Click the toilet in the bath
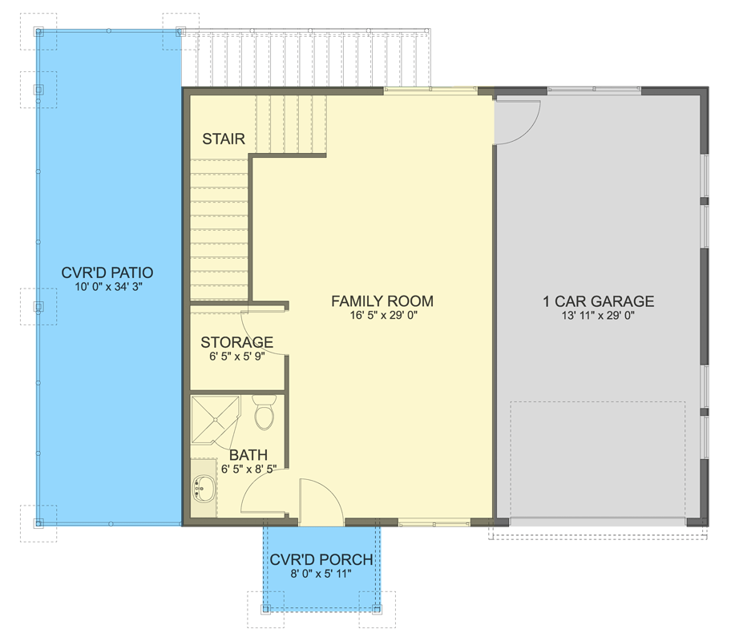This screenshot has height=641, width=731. click(x=265, y=412)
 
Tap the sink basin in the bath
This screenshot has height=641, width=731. click(x=204, y=488)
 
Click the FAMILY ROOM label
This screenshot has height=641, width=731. click(x=382, y=301)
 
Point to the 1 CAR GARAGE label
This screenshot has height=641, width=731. click(x=598, y=301)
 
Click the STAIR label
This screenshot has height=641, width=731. click(x=224, y=139)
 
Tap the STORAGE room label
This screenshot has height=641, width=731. click(x=236, y=342)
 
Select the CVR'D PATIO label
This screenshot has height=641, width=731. click(x=107, y=272)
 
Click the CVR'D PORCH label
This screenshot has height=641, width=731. click(x=321, y=559)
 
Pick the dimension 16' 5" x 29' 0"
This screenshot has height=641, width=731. click(x=383, y=316)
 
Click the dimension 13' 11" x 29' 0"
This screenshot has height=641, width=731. click(x=598, y=316)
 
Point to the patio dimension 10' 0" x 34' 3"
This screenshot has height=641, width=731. click(x=108, y=287)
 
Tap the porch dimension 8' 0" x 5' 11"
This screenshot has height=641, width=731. click(x=321, y=574)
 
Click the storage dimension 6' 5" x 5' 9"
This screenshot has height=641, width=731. click(x=237, y=357)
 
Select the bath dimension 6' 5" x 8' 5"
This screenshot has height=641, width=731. click(x=249, y=469)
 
